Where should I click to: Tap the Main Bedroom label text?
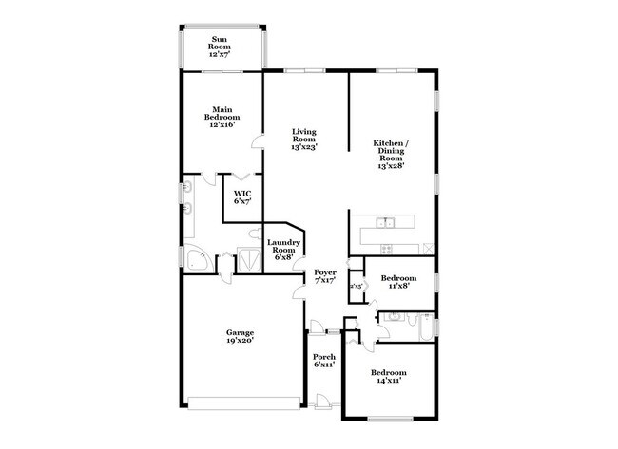pos(222,118)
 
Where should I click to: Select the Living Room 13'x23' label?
pos(304,140)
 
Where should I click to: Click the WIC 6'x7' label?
pos(242,197)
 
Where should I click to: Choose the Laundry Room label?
pos(283,250)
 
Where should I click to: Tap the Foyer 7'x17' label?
pos(325,276)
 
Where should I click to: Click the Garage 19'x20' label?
pos(240,336)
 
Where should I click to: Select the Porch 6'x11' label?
pos(323,361)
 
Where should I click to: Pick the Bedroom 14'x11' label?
pos(389,376)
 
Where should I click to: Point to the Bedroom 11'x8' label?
pos(399,281)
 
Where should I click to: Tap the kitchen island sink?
pos(386,224)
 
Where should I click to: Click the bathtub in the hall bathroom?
pos(426,325)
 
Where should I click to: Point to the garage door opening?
pos(243,399)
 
